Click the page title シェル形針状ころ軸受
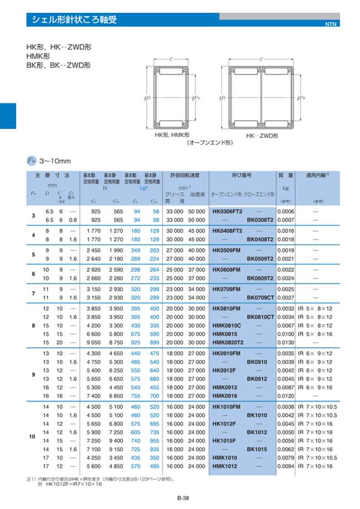(73, 20)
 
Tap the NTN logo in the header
(331, 24)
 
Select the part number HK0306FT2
(228, 212)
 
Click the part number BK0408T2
(260, 239)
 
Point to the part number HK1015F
(225, 441)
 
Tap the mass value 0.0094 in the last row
(286, 466)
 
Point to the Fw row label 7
(33, 293)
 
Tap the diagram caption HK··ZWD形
(262, 135)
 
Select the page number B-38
(183, 498)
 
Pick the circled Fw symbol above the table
(32, 160)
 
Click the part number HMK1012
(225, 466)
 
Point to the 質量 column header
(285, 174)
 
